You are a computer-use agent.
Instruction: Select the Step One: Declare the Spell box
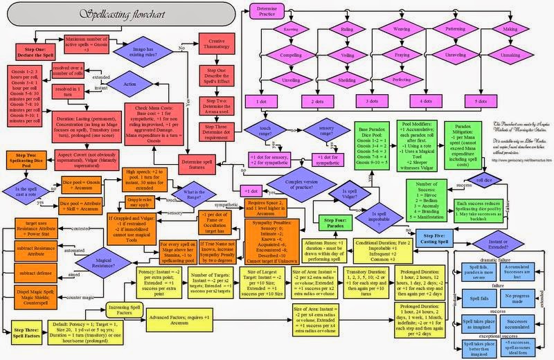(30, 48)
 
